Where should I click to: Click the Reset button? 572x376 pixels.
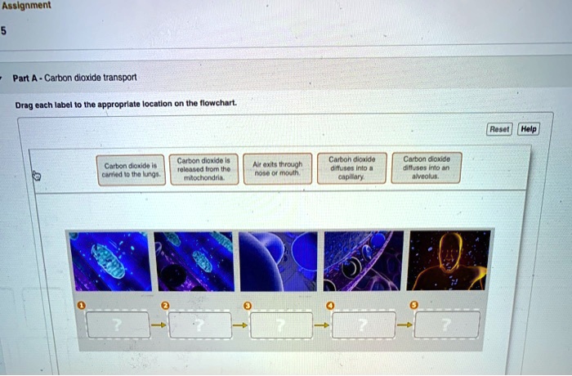coord(498,129)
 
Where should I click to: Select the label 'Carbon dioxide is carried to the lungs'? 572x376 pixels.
coord(131,170)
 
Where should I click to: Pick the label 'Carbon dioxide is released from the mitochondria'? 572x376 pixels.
coord(204,168)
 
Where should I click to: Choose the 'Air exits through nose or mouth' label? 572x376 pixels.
coord(277,168)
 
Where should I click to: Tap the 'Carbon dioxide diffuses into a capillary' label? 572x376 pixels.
coord(351,167)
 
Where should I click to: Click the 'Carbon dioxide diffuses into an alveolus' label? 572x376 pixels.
coord(427,167)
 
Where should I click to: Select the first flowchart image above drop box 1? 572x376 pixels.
coord(110,262)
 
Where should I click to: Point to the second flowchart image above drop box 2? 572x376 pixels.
coord(194,261)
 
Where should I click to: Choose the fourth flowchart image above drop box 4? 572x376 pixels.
coord(364,261)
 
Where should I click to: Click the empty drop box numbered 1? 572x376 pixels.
coord(118,325)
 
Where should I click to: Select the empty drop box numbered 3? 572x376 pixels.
coord(281,325)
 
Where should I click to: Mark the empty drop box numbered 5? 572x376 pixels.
coord(447,325)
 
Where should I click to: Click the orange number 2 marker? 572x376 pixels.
coord(164,305)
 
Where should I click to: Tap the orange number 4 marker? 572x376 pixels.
coord(330,305)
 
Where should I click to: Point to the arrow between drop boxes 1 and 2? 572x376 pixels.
coord(159,325)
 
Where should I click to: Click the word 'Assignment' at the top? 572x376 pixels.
coord(26,6)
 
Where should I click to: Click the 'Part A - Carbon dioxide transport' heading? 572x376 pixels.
coord(74,78)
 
